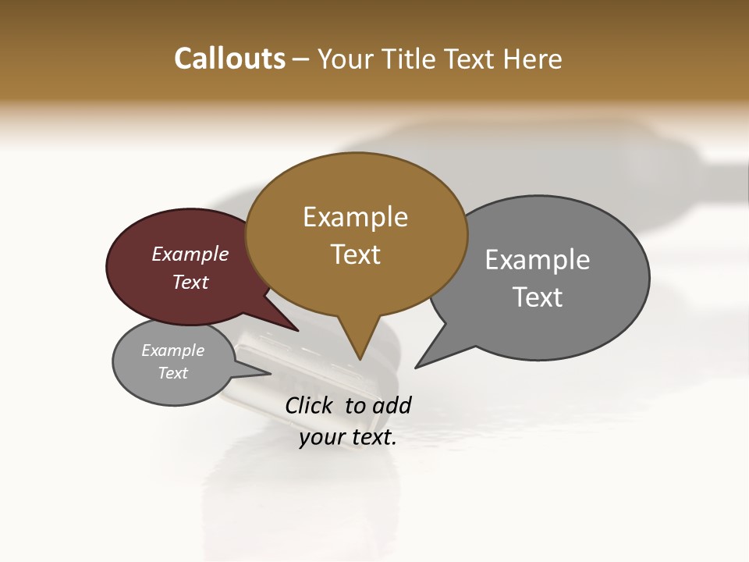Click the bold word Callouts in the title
(x=229, y=59)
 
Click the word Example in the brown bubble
(x=355, y=217)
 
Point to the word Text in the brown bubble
(x=356, y=254)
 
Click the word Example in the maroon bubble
(x=190, y=254)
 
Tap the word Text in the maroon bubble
(x=190, y=283)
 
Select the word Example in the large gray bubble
(x=538, y=260)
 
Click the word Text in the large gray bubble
(x=538, y=297)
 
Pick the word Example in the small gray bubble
(x=172, y=350)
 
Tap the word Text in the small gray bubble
(x=172, y=373)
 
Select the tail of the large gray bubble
(x=426, y=360)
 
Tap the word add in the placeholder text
(x=392, y=406)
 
